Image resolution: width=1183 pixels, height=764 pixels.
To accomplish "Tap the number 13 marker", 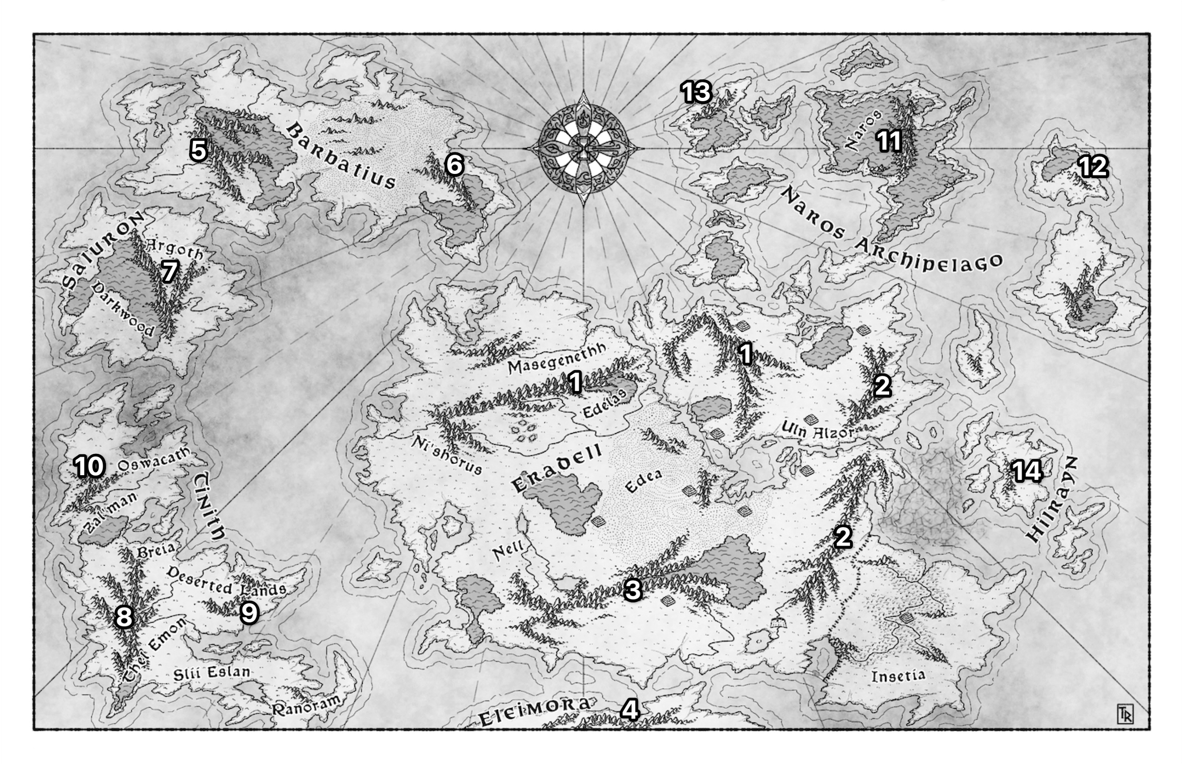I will pyautogui.click(x=696, y=92).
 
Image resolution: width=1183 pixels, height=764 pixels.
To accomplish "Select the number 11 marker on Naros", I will pyautogui.click(x=889, y=141).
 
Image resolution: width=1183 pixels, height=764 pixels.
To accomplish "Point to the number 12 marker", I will pyautogui.click(x=1093, y=167).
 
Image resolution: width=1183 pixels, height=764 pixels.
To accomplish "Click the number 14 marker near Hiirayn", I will pyautogui.click(x=1027, y=471).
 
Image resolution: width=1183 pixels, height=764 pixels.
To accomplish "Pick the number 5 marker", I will pyautogui.click(x=198, y=150).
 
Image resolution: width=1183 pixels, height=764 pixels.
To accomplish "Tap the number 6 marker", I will pyautogui.click(x=454, y=164).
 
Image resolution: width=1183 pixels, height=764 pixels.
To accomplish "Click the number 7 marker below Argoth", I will pyautogui.click(x=169, y=271).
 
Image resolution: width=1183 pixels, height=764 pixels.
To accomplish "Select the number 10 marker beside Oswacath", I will pyautogui.click(x=89, y=466).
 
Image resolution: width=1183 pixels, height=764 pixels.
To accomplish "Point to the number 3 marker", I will pyautogui.click(x=633, y=590).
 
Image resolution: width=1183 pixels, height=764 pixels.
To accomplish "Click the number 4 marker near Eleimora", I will pyautogui.click(x=629, y=710).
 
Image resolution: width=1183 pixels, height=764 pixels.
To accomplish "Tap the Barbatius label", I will pyautogui.click(x=342, y=156).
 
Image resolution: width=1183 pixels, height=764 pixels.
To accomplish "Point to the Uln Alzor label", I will pyautogui.click(x=817, y=430).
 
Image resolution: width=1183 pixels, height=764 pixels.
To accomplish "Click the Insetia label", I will pyautogui.click(x=898, y=676).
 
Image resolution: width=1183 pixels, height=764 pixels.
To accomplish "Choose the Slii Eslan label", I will pyautogui.click(x=211, y=673).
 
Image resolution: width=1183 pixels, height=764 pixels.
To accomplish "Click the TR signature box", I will pyautogui.click(x=1124, y=713).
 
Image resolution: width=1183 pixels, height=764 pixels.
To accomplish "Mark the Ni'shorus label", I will pyautogui.click(x=446, y=455).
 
